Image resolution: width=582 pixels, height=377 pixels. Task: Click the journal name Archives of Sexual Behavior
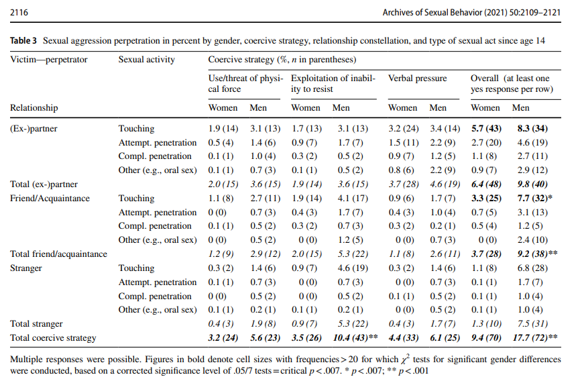point(445,13)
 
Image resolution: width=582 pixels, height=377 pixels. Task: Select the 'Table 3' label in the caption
point(24,41)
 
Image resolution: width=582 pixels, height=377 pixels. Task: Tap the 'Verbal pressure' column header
point(417,78)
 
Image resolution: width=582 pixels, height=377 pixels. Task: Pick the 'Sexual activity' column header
point(146,59)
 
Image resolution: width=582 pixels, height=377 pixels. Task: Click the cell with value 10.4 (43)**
point(353,338)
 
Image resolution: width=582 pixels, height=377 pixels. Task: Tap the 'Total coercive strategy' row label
point(54,338)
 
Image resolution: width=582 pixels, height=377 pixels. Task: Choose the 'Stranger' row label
point(26,268)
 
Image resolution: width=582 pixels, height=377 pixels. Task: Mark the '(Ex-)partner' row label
point(34,129)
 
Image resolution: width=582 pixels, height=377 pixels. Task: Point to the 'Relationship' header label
point(34,107)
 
